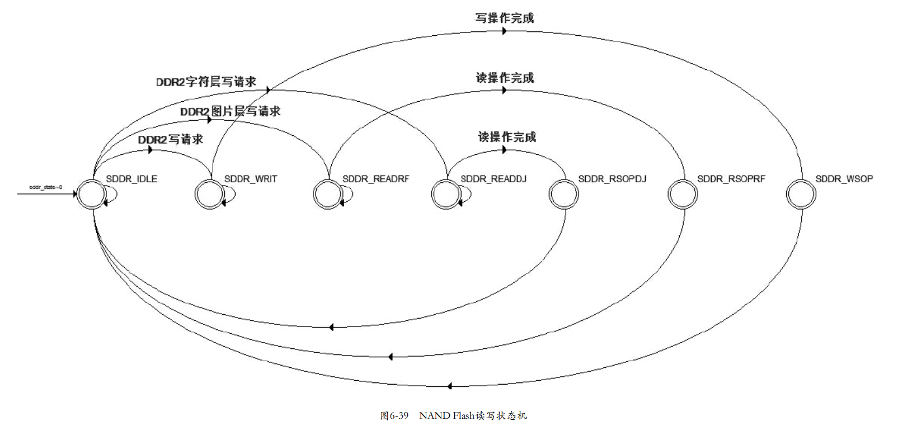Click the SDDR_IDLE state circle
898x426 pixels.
pyautogui.click(x=91, y=194)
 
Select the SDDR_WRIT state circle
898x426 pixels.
pyautogui.click(x=209, y=194)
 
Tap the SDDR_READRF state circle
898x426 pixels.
pyautogui.click(x=327, y=194)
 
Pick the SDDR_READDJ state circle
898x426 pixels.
pyautogui.click(x=445, y=194)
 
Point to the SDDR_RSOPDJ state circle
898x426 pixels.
pyautogui.click(x=563, y=194)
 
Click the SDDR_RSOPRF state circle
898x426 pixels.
pyautogui.click(x=683, y=194)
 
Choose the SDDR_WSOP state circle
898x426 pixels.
pyautogui.click(x=801, y=194)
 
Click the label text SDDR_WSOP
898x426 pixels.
pyautogui.click(x=844, y=179)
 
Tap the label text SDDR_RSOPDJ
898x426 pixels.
pyautogui.click(x=612, y=179)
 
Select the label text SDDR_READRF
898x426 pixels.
pyautogui.click(x=375, y=179)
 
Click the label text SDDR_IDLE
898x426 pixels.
pyautogui.click(x=131, y=179)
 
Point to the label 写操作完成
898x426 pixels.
pyautogui.click(x=504, y=18)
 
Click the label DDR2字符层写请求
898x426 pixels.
pyautogui.click(x=206, y=82)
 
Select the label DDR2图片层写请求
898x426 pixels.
pyautogui.click(x=230, y=111)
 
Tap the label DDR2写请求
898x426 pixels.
pyautogui.click(x=170, y=139)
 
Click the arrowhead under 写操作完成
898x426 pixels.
pyautogui.click(x=504, y=31)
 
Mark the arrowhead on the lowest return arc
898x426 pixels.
pyautogui.click(x=449, y=386)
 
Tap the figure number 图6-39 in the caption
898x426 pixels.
pyautogui.click(x=394, y=415)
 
